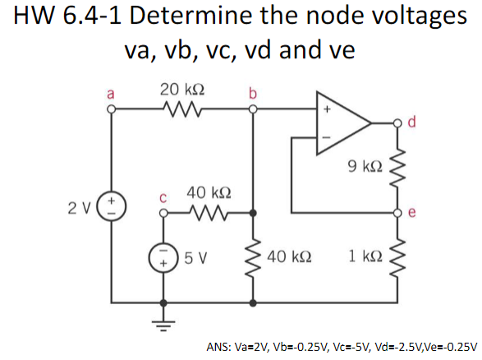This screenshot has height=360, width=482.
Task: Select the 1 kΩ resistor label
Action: (x=364, y=257)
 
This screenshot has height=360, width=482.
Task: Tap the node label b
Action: (x=253, y=92)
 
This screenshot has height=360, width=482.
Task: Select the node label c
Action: (x=163, y=198)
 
